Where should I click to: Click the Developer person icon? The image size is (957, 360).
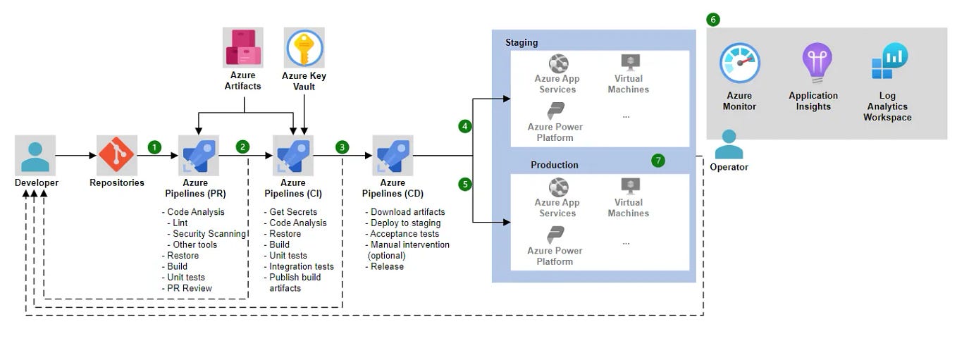point(35,155)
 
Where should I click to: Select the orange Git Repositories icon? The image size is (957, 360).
point(116,155)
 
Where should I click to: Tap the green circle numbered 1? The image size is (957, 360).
point(154,147)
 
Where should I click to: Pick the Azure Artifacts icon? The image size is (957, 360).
point(243,47)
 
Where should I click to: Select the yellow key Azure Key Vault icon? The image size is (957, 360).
point(304,48)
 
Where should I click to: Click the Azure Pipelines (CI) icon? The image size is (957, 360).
point(292,155)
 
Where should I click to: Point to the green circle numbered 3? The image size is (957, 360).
point(342,147)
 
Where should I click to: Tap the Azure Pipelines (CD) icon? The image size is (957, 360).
point(392,155)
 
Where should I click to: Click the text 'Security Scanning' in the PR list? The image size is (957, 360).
point(209,234)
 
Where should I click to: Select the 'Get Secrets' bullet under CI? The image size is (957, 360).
point(292,212)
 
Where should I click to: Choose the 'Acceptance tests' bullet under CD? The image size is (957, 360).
point(404,234)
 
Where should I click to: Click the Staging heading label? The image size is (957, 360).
point(521,42)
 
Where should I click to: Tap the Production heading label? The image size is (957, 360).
point(554,165)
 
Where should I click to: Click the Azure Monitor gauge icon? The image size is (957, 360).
point(739,63)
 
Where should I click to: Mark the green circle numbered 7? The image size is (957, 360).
point(658,161)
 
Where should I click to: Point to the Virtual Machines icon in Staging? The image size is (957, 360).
point(629,63)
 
